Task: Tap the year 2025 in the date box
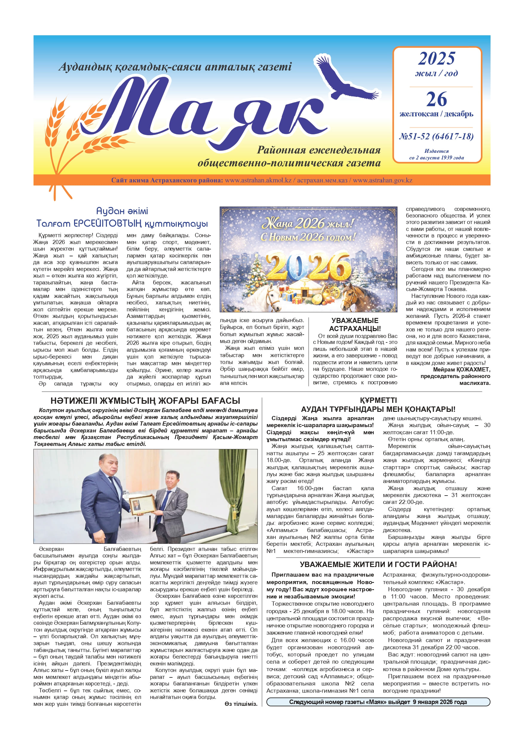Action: pyautogui.click(x=436, y=59)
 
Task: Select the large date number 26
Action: pyautogui.click(x=436, y=99)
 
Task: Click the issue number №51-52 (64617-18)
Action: pyautogui.click(x=436, y=136)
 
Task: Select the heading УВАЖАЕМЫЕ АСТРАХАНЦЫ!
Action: pyautogui.click(x=355, y=324)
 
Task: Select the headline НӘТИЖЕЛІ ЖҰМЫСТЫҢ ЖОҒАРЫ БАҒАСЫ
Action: pyautogui.click(x=145, y=401)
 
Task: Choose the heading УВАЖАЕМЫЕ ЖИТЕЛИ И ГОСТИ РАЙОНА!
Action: pyautogui.click(x=378, y=565)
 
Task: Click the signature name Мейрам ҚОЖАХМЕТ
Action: pyautogui.click(x=461, y=369)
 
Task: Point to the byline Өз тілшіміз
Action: pyautogui.click(x=241, y=704)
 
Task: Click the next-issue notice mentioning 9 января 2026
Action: pyautogui.click(x=378, y=702)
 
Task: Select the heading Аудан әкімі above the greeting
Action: pyautogui.click(x=122, y=211)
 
